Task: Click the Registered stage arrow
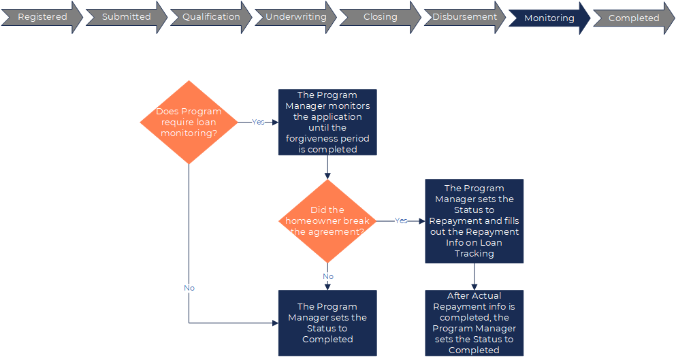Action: [x=42, y=17]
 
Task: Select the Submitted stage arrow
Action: [x=126, y=17]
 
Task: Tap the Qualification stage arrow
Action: [x=211, y=17]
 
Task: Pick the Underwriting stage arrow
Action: [x=295, y=17]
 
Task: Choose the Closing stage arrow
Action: [x=380, y=17]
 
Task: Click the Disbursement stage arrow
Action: [x=464, y=17]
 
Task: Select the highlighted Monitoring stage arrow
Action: [x=549, y=18]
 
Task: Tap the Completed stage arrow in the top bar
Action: [x=633, y=18]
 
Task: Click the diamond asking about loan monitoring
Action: [x=189, y=122]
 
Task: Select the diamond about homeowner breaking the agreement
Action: [x=327, y=221]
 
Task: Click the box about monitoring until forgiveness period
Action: [x=327, y=122]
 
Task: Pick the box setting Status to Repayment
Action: [x=474, y=221]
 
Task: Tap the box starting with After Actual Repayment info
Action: [x=474, y=323]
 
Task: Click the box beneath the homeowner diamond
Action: [x=327, y=323]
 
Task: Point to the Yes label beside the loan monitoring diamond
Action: [x=258, y=122]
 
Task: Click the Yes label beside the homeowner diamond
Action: [x=401, y=221]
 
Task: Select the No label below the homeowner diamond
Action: [x=328, y=276]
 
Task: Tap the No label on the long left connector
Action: [x=189, y=288]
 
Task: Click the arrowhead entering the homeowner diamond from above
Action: [x=327, y=176]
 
